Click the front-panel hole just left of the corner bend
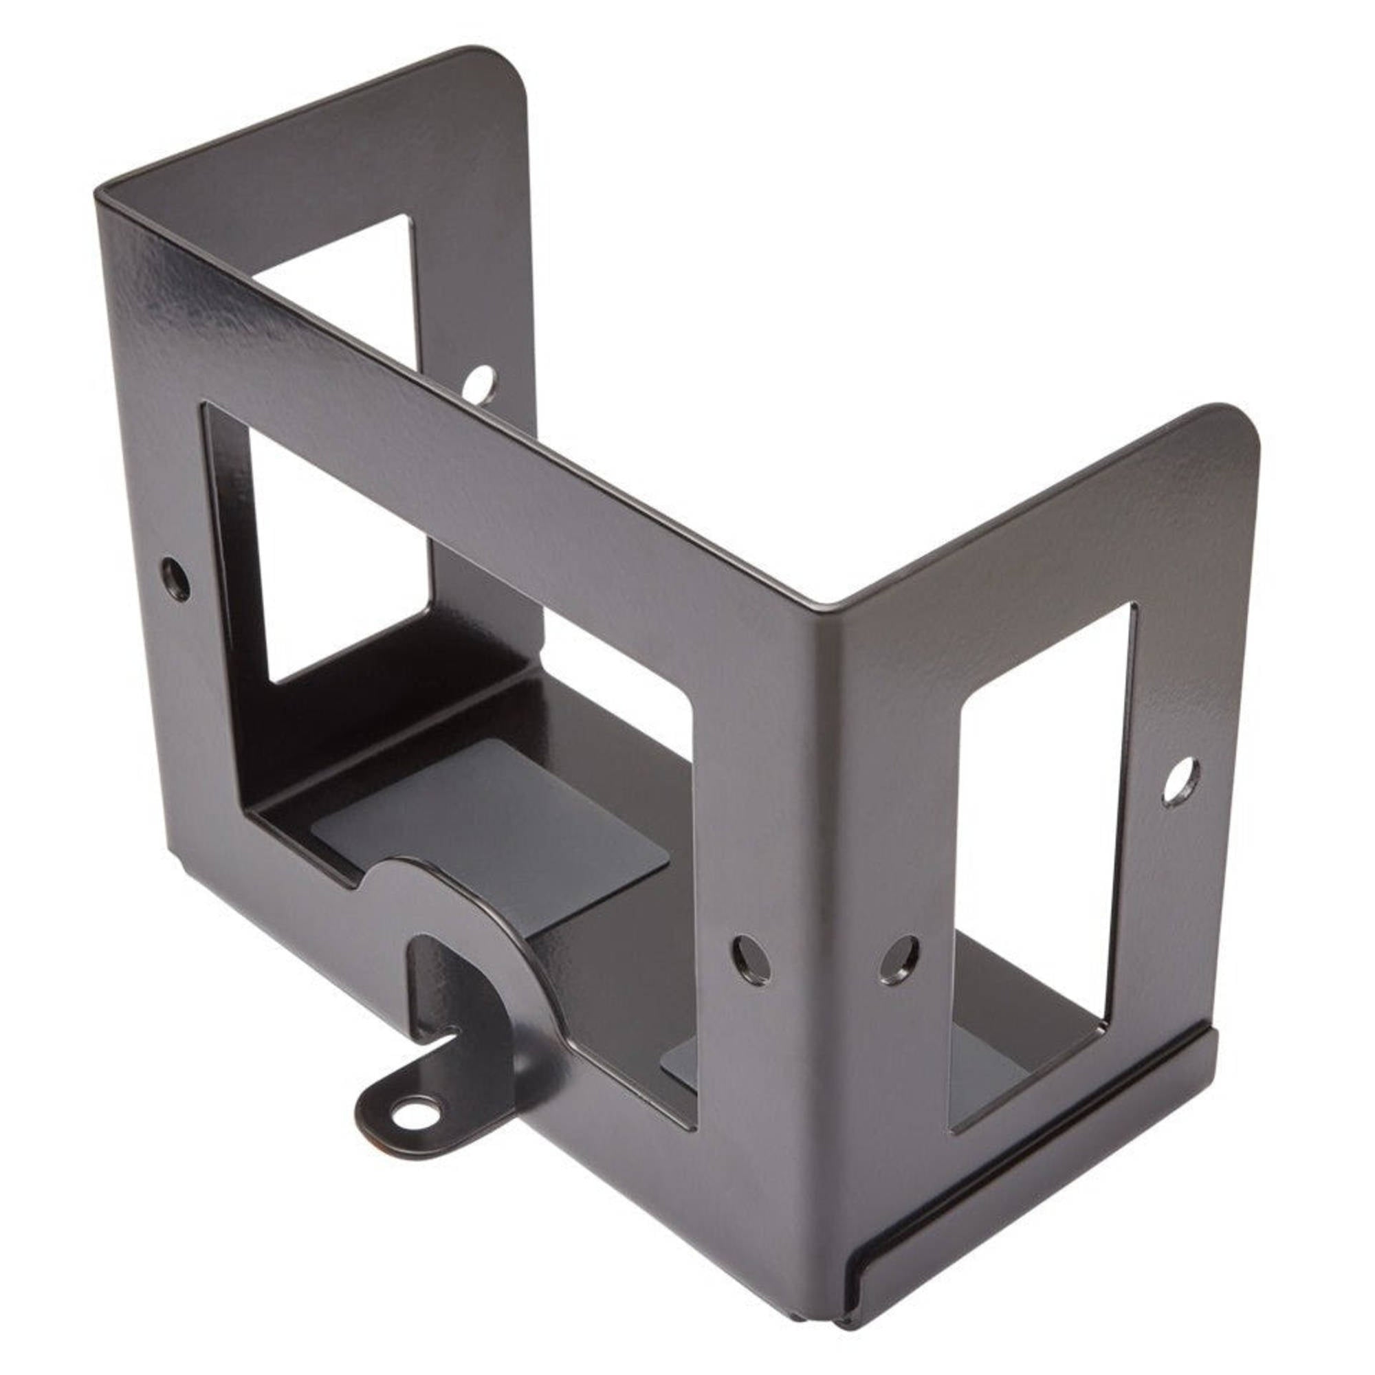(x=751, y=956)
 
